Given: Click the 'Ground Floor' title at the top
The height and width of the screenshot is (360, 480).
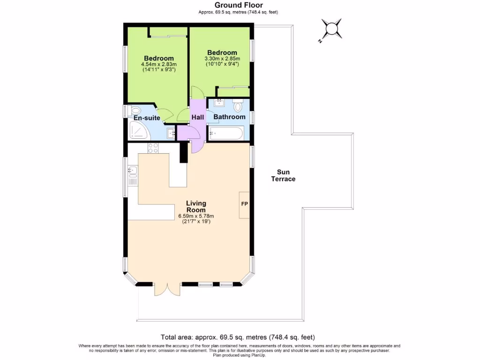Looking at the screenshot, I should click(x=239, y=5).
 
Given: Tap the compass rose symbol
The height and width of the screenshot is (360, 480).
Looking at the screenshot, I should click(x=332, y=29).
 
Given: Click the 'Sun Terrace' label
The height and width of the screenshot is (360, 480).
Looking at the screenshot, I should click(x=283, y=175).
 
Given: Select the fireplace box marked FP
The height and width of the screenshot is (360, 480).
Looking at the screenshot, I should click(x=244, y=204).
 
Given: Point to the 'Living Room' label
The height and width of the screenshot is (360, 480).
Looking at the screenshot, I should click(x=196, y=207).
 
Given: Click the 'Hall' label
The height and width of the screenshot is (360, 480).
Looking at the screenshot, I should click(x=197, y=117).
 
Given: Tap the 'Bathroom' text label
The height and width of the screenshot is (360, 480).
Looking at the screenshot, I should click(x=229, y=117).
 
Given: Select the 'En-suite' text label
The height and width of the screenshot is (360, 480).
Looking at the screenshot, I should click(x=147, y=118).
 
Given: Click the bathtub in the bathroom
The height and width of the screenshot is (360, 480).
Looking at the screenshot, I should click(x=226, y=134).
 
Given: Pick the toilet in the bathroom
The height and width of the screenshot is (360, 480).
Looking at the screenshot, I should click(x=237, y=106).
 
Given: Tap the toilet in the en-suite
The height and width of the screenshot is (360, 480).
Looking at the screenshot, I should click(x=135, y=111).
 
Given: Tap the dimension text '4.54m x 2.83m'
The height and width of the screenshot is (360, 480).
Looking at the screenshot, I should click(x=158, y=64).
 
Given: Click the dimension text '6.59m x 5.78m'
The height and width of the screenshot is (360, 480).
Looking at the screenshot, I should click(x=196, y=216).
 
